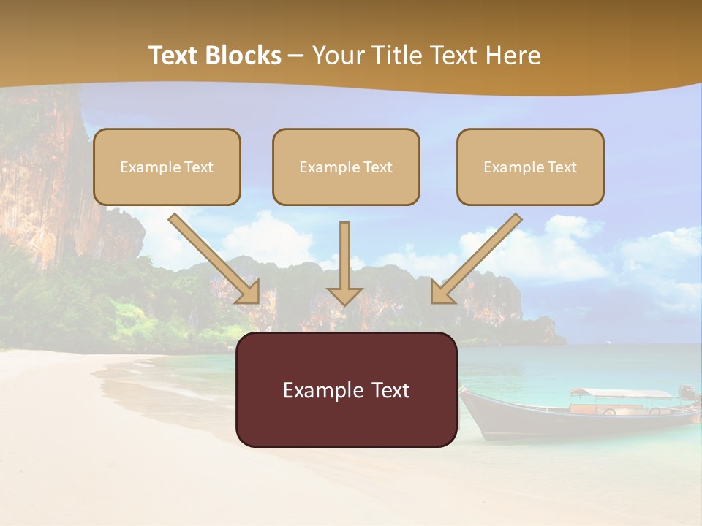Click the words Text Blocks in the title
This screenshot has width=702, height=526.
point(214,56)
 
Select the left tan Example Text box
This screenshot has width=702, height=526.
point(167,167)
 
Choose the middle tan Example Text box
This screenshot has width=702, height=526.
point(346,167)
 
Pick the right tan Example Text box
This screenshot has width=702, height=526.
point(530,167)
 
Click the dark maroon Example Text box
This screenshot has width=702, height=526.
point(346,390)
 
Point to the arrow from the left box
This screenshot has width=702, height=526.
point(214,259)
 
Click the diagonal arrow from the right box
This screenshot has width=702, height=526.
point(477,259)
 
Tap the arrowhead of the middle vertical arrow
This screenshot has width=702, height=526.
point(344,295)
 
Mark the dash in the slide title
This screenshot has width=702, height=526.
point(296,56)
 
